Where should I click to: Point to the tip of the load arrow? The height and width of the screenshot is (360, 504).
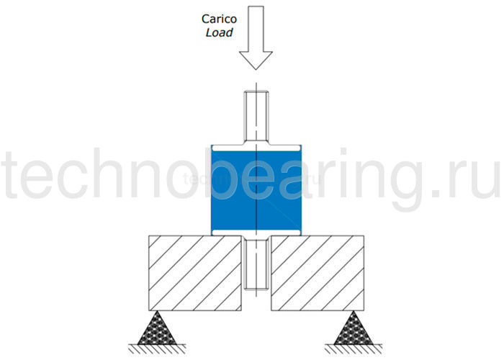256,69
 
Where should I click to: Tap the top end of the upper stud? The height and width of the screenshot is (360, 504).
256,92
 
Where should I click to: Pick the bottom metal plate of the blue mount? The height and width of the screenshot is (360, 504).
256,234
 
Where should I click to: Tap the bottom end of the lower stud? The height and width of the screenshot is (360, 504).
256,289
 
